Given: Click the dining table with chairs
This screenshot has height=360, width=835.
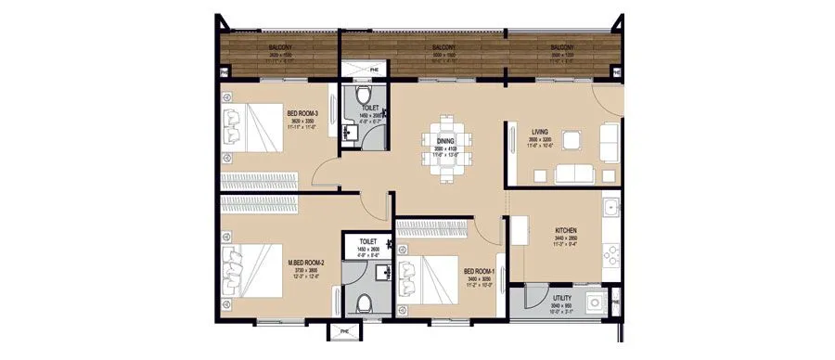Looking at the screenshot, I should (448, 144).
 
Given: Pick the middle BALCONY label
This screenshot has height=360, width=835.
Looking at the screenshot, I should (444, 47).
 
